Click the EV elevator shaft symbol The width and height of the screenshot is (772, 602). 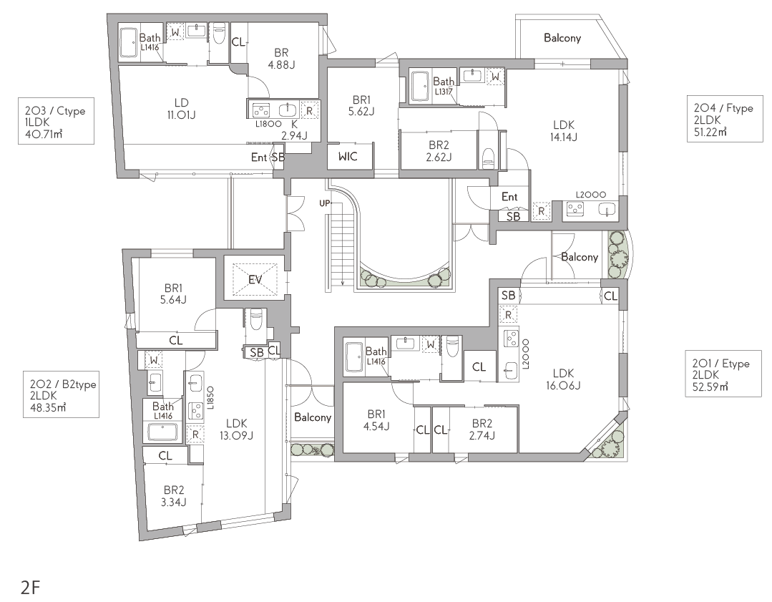click(255, 279)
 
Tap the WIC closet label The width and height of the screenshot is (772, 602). click(348, 157)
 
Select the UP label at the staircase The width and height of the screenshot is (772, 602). click(324, 203)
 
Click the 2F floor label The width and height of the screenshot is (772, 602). click(30, 587)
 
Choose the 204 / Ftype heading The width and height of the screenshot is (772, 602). click(723, 108)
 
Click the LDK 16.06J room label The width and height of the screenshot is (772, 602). click(563, 379)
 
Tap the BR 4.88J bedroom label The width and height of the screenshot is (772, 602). click(281, 59)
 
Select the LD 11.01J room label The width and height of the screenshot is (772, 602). click(181, 109)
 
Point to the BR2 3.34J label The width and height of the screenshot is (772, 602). click(174, 496)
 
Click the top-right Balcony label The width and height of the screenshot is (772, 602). click(562, 38)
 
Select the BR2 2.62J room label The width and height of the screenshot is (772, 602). click(439, 151)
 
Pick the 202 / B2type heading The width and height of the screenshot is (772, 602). click(62, 384)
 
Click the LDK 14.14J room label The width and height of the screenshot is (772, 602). click(563, 131)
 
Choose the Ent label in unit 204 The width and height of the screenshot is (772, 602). click(509, 197)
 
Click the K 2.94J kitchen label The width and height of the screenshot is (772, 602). click(295, 130)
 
